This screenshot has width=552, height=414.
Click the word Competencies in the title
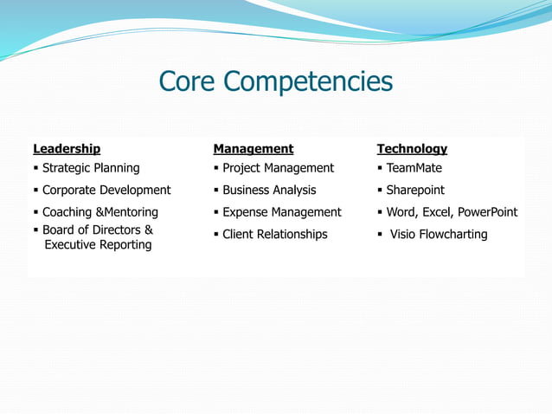tap(309, 83)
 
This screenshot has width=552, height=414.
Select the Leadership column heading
tap(67, 149)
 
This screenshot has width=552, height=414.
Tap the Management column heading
tap(254, 149)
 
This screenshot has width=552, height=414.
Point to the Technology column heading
tap(412, 149)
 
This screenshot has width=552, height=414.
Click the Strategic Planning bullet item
tap(91, 168)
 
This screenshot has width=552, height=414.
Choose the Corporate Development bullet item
tap(106, 190)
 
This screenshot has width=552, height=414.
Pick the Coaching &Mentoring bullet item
tap(100, 212)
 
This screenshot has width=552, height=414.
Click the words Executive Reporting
tap(98, 245)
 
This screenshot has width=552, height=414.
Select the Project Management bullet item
tap(278, 168)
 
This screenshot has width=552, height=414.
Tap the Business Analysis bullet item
tap(269, 190)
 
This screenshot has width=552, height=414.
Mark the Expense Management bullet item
tap(282, 212)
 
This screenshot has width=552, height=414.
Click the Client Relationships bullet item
tap(275, 234)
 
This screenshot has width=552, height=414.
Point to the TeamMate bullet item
tap(414, 168)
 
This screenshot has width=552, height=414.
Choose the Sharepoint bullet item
tap(415, 190)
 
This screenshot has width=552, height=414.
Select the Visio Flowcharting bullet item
tap(439, 234)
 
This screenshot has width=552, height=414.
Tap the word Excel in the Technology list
tap(439, 212)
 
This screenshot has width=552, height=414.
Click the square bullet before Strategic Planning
tap(35, 168)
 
